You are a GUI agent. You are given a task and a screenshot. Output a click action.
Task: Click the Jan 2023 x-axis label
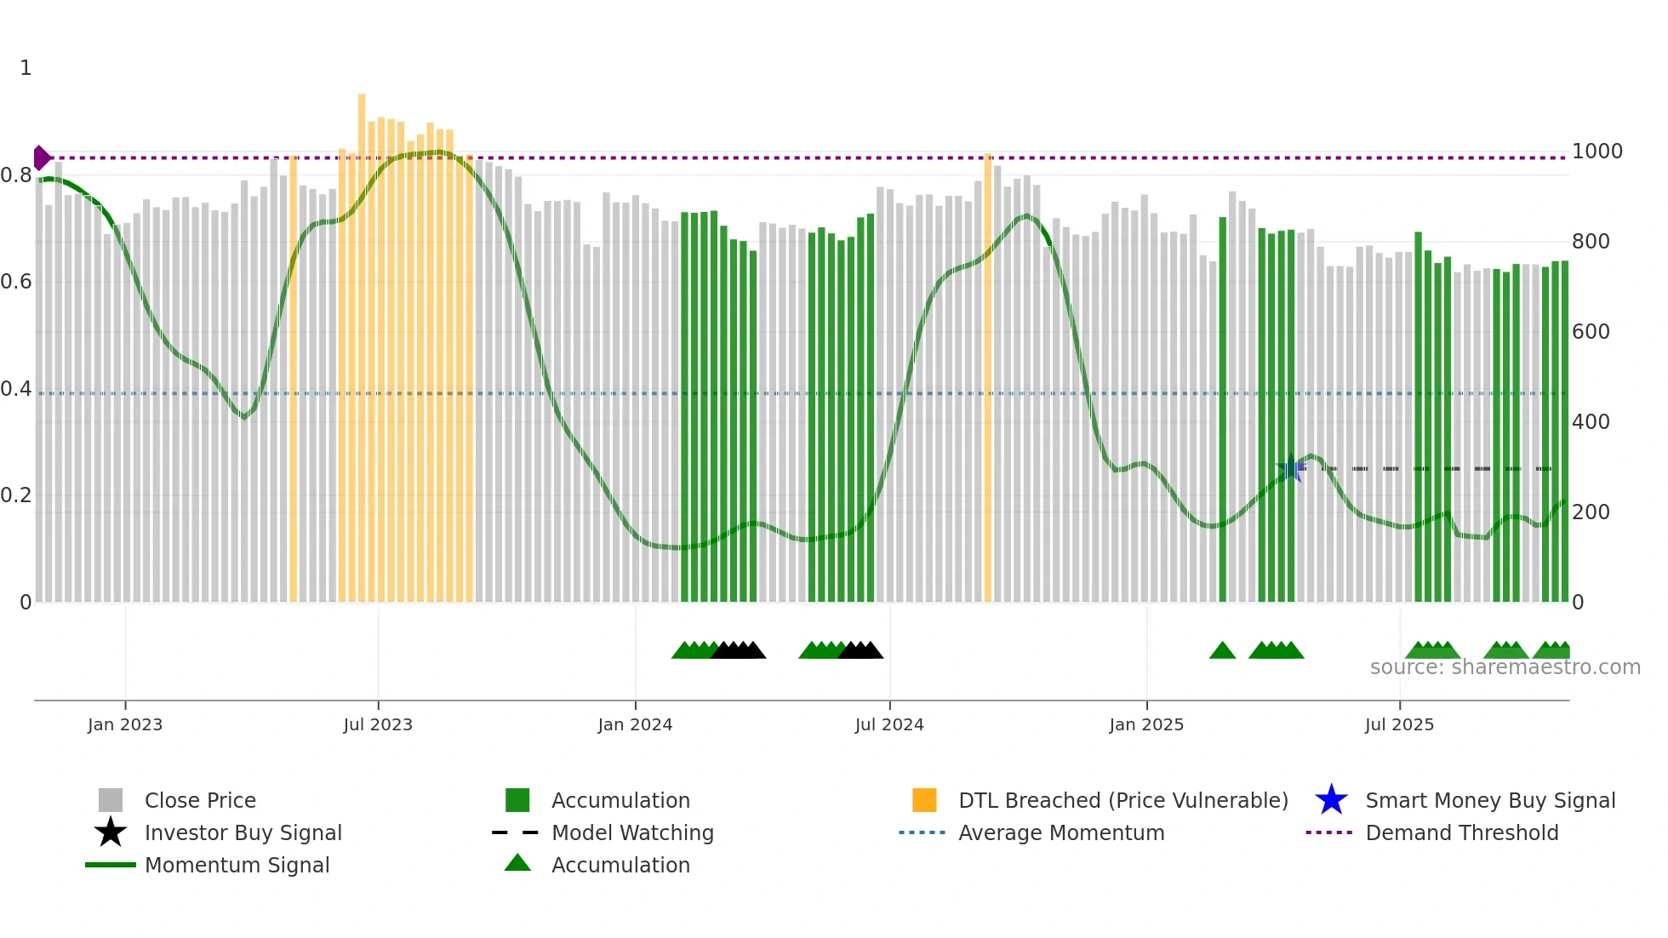click(124, 724)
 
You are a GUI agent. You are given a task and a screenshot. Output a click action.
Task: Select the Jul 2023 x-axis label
click(378, 724)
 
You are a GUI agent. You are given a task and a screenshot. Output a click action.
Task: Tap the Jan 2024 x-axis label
click(635, 724)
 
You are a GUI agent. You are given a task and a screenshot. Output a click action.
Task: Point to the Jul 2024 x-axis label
click(889, 724)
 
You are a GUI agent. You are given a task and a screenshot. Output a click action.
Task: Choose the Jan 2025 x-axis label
click(1146, 724)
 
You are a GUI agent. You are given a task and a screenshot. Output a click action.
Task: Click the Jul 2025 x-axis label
click(1399, 724)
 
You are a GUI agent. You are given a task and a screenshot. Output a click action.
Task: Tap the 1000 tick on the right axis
click(1597, 152)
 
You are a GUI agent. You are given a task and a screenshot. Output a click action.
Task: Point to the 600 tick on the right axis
click(1591, 332)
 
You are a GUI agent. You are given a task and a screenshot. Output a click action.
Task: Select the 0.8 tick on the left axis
click(16, 175)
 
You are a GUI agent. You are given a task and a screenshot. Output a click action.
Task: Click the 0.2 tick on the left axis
click(16, 495)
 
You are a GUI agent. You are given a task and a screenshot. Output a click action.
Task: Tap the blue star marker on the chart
click(1291, 468)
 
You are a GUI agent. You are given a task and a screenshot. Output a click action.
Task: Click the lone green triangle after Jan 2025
click(1222, 651)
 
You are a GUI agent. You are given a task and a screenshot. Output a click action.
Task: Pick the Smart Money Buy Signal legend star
click(1331, 800)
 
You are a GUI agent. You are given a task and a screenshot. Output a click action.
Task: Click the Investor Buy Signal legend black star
click(111, 832)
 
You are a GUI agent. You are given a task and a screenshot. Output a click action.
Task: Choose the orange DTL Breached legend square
click(924, 800)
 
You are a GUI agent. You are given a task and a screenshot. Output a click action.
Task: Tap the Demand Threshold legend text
click(1461, 832)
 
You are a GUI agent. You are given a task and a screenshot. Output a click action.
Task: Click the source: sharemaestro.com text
click(1505, 667)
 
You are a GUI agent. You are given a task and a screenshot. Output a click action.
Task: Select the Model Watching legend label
click(632, 832)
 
